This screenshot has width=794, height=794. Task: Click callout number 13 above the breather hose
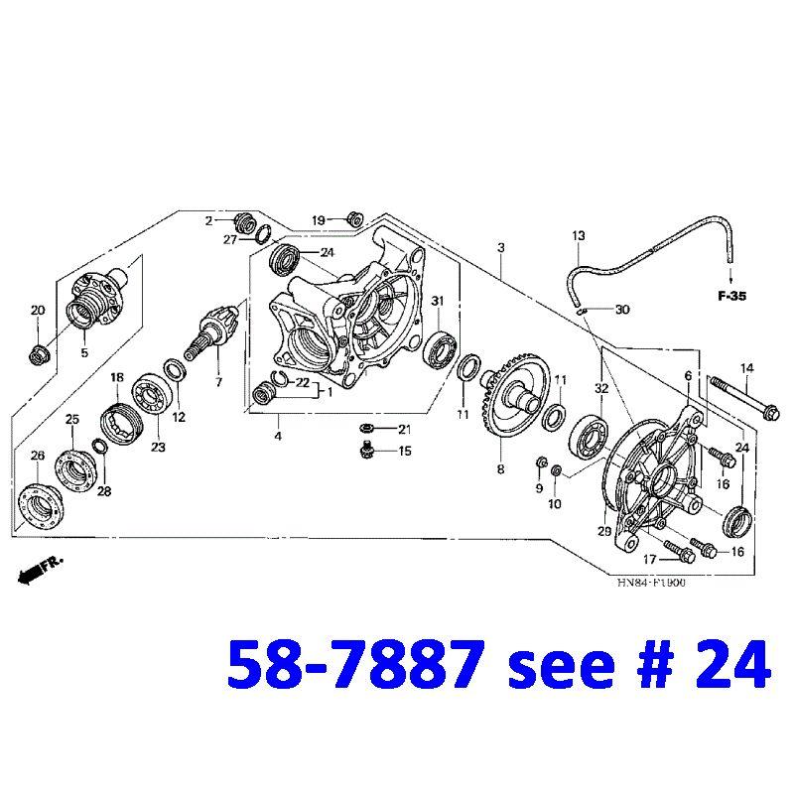pyautogui.click(x=579, y=235)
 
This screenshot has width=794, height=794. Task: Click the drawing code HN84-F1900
pyautogui.click(x=651, y=583)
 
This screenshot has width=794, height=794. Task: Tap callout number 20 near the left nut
pyautogui.click(x=38, y=311)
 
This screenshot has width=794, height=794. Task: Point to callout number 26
pyautogui.click(x=38, y=456)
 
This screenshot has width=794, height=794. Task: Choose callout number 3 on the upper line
pyautogui.click(x=501, y=246)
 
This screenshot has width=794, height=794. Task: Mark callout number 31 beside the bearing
pyautogui.click(x=437, y=301)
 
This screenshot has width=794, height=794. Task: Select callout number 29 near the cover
pyautogui.click(x=604, y=533)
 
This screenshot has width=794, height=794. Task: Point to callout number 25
pyautogui.click(x=71, y=420)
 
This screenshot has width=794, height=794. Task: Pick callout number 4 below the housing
pyautogui.click(x=278, y=435)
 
